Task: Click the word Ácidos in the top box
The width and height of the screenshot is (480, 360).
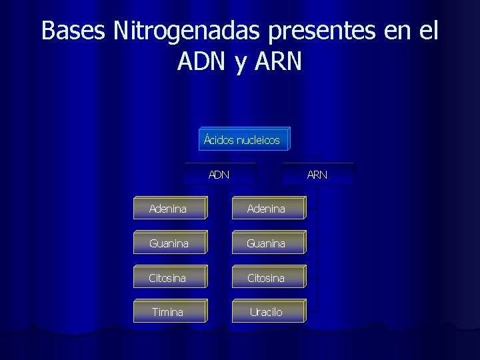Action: coord(219,140)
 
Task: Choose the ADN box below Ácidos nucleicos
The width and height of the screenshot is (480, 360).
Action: coord(219,175)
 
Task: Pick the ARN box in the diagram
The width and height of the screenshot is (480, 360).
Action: coord(317,175)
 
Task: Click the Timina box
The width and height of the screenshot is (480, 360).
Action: coord(168,312)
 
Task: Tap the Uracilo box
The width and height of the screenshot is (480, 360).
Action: coord(266,312)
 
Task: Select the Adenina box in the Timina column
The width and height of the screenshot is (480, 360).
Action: coord(168,209)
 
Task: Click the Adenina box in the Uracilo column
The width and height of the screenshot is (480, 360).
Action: coord(266,209)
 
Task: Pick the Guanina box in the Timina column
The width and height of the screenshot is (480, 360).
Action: coord(168,243)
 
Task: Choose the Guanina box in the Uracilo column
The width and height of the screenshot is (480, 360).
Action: coord(266,243)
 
